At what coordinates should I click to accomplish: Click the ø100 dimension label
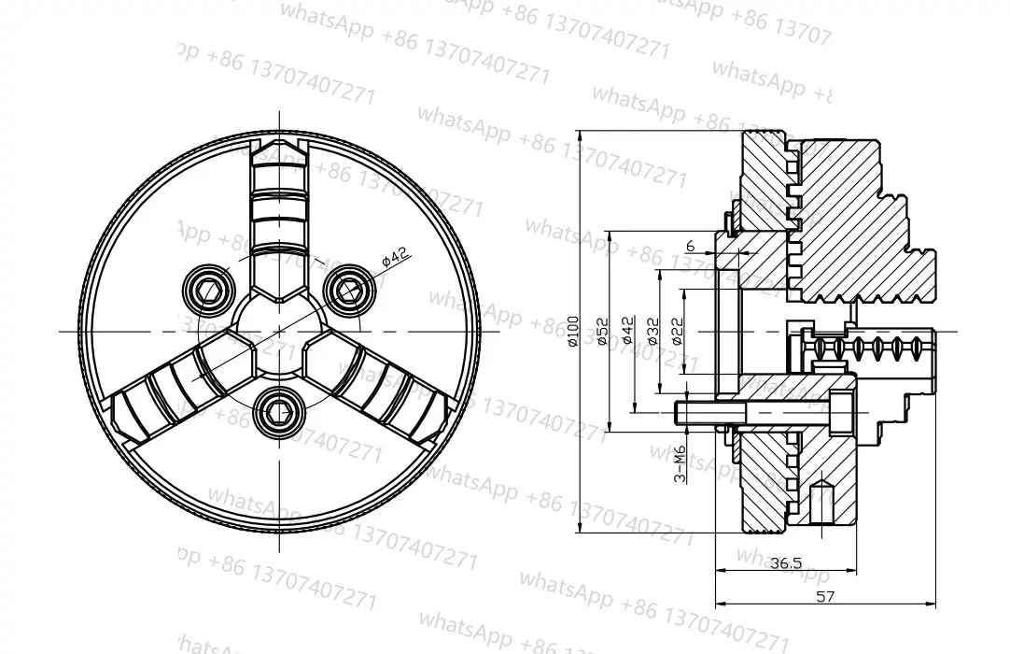click(573, 331)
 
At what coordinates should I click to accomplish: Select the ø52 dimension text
click(602, 331)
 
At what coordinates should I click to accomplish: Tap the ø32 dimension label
click(652, 331)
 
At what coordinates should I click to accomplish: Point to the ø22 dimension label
click(678, 331)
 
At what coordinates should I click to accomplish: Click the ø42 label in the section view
click(627, 331)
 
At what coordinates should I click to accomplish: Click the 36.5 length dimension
click(786, 562)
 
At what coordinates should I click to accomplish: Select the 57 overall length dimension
click(825, 596)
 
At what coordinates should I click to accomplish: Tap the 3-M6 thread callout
click(680, 464)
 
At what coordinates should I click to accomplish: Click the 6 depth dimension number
click(690, 246)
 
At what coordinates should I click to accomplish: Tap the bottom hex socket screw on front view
click(280, 408)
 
